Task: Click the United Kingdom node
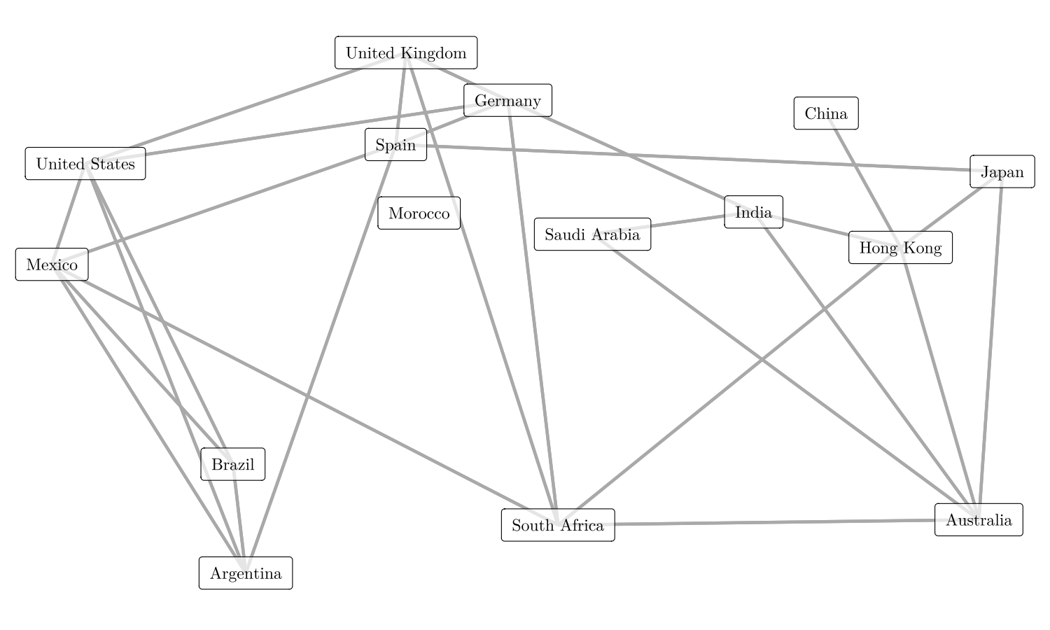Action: pos(406,53)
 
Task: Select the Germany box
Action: pos(507,101)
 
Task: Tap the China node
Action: pos(826,113)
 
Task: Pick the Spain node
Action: pos(395,145)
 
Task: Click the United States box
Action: pos(85,164)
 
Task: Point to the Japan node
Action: pos(1002,172)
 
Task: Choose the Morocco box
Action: pos(419,213)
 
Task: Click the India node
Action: pos(753,212)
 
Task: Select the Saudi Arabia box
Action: pos(592,234)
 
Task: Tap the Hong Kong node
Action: pos(900,248)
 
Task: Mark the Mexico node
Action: pos(52,265)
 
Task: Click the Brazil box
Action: pos(232,465)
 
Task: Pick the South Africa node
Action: pos(558,526)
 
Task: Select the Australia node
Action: pos(979,520)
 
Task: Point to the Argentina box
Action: pos(246,574)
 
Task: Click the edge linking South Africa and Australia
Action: pos(770,522)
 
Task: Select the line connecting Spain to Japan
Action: pos(700,158)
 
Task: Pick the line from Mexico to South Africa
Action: pos(301,392)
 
